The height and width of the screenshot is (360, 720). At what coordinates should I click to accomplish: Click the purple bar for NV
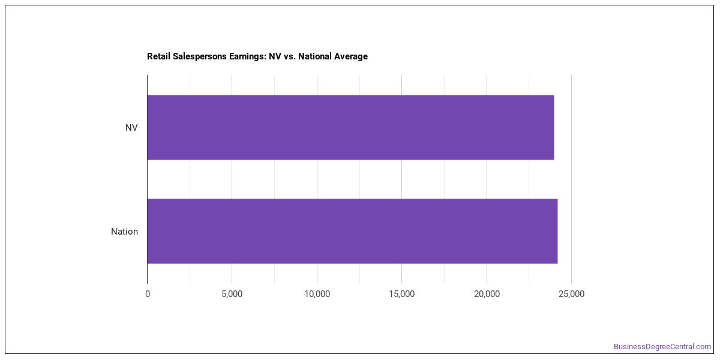(x=350, y=127)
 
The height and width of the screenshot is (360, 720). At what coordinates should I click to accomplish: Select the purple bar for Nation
(x=353, y=231)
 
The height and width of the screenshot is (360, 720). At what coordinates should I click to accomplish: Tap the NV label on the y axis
(x=131, y=128)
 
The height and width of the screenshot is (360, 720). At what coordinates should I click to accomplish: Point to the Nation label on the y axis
(x=124, y=232)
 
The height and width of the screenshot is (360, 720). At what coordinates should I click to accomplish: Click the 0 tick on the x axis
(x=148, y=294)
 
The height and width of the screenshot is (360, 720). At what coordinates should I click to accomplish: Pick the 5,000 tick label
(x=232, y=294)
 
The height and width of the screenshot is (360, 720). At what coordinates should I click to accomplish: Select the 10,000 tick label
(x=317, y=294)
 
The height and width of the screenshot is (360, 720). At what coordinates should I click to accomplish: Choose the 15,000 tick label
(x=402, y=294)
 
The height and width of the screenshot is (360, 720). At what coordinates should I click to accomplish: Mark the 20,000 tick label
(x=487, y=294)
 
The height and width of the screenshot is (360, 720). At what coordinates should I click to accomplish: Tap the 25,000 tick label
(x=571, y=294)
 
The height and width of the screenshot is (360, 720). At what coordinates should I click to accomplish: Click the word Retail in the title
(x=158, y=56)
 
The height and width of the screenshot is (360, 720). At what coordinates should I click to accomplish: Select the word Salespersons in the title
(x=199, y=56)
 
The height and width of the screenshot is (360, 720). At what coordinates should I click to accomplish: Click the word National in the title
(x=314, y=56)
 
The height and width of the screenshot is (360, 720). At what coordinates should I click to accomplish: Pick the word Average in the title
(x=350, y=56)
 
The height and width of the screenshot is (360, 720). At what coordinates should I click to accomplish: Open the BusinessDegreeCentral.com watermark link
(x=662, y=347)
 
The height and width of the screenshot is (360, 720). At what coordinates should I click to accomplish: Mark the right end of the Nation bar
(x=557, y=231)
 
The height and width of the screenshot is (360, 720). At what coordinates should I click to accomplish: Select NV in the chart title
(x=275, y=56)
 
